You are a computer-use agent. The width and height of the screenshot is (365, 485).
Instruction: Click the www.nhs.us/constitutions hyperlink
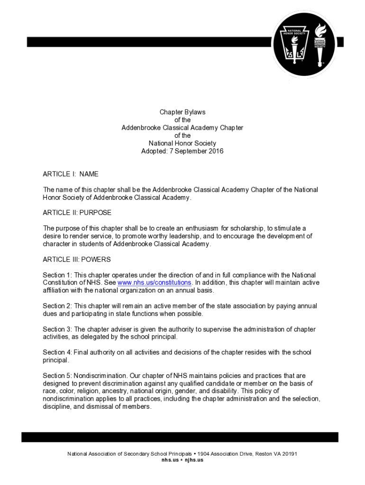pyautogui.click(x=155, y=283)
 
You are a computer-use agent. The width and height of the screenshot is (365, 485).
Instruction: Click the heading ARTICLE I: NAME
pyautogui.click(x=71, y=174)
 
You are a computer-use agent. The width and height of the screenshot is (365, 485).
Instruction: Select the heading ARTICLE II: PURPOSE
pyautogui.click(x=77, y=213)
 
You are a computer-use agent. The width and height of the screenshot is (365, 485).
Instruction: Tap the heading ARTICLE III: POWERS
pyautogui.click(x=77, y=260)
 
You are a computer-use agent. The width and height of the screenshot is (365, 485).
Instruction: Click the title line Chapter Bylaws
pyautogui.click(x=182, y=112)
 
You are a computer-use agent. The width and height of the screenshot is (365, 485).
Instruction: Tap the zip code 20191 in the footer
pyautogui.click(x=289, y=454)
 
